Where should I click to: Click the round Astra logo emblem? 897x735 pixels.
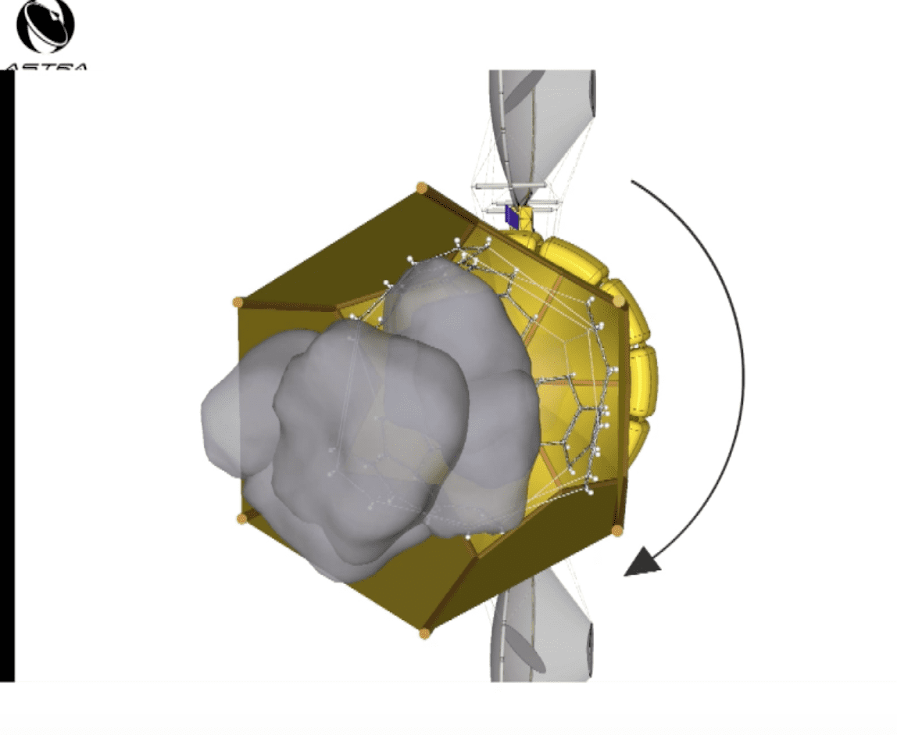pos(45,25)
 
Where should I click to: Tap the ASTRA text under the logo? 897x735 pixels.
pos(45,67)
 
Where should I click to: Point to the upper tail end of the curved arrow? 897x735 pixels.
pos(633,182)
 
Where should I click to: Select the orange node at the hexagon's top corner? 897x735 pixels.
pos(422,188)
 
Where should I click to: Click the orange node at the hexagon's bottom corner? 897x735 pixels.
pos(425,633)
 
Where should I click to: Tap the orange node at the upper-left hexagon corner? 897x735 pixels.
pos(238,302)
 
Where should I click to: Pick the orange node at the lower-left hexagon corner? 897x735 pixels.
pos(241,518)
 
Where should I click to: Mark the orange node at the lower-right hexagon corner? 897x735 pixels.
pos(616,530)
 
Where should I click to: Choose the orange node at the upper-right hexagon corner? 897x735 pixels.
pos(619,301)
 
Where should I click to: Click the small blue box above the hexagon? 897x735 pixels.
pos(512,216)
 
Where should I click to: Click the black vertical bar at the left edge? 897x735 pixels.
pos(7,375)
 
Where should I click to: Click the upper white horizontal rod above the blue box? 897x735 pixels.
pos(508,186)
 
